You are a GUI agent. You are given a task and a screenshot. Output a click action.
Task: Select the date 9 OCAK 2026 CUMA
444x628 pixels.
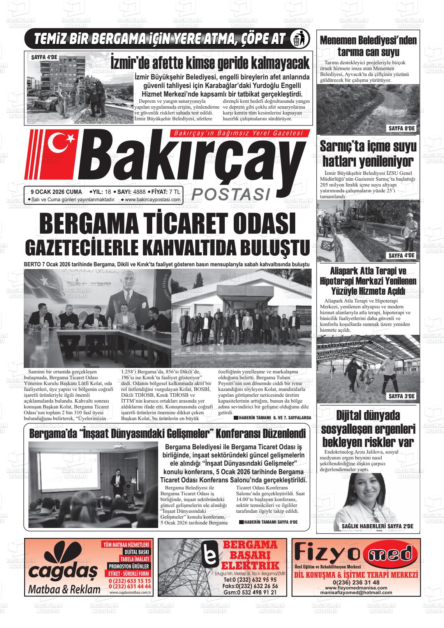(x=56, y=192)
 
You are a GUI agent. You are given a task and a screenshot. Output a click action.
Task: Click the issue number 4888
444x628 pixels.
(x=139, y=192)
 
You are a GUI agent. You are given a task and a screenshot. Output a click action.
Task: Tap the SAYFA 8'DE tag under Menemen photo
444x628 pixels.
(x=402, y=128)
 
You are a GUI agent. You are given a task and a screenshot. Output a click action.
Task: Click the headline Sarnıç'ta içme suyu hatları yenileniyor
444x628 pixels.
(x=368, y=153)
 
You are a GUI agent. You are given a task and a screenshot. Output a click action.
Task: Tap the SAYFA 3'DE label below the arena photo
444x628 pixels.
(x=402, y=397)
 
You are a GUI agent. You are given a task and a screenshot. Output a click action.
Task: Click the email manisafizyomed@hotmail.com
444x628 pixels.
(x=356, y=593)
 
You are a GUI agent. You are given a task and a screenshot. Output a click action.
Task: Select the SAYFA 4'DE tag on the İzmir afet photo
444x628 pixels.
(x=44, y=57)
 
